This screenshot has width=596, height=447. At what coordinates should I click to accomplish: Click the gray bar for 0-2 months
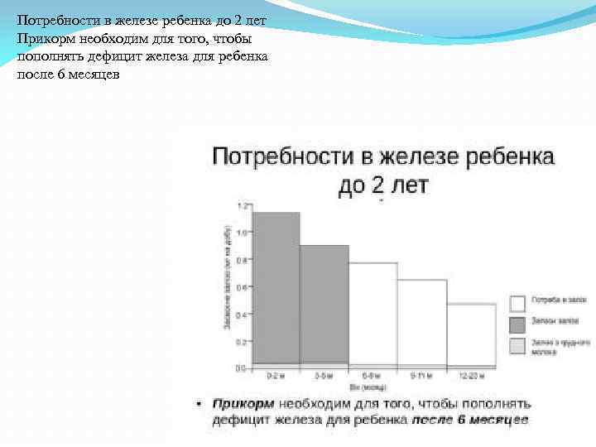[x=276, y=286]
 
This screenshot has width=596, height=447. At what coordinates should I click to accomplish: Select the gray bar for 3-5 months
[x=324, y=303]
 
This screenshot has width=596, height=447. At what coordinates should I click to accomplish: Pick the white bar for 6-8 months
[x=372, y=312]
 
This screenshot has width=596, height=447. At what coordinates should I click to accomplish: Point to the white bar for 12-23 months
[x=471, y=333]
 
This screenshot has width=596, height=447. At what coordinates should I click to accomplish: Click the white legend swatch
[x=518, y=303]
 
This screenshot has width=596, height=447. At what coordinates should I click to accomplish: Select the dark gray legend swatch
[x=518, y=324]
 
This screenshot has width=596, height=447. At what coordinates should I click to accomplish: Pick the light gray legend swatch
[x=518, y=345]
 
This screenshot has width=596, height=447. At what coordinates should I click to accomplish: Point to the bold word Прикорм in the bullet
[x=243, y=404]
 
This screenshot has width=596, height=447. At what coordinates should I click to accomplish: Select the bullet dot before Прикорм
[x=199, y=404]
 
